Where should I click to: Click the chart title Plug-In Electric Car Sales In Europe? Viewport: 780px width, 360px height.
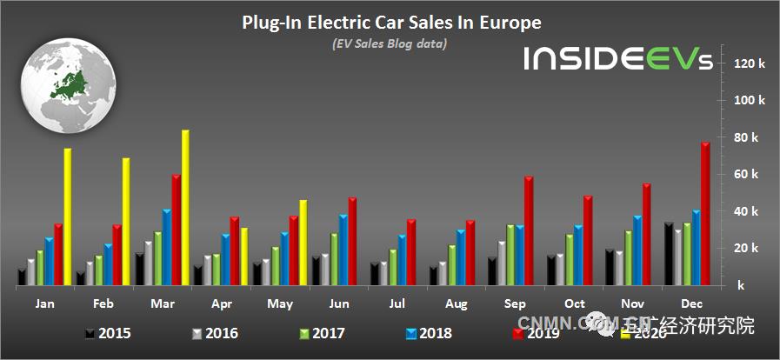click(390, 23)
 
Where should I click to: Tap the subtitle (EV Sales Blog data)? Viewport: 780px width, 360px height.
click(390, 43)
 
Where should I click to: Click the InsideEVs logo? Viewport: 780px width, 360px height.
click(617, 59)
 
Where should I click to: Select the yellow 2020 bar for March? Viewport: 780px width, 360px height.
click(185, 207)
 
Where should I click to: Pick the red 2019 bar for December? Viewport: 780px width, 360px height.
click(705, 213)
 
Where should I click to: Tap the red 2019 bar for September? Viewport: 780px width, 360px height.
click(529, 230)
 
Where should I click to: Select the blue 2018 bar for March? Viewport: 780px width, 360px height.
click(166, 247)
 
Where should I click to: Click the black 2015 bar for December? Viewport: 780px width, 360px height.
click(667, 253)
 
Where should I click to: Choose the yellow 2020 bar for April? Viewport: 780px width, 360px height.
click(244, 256)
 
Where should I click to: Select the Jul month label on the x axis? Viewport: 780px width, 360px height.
click(397, 303)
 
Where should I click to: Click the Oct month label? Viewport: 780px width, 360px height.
click(575, 303)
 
